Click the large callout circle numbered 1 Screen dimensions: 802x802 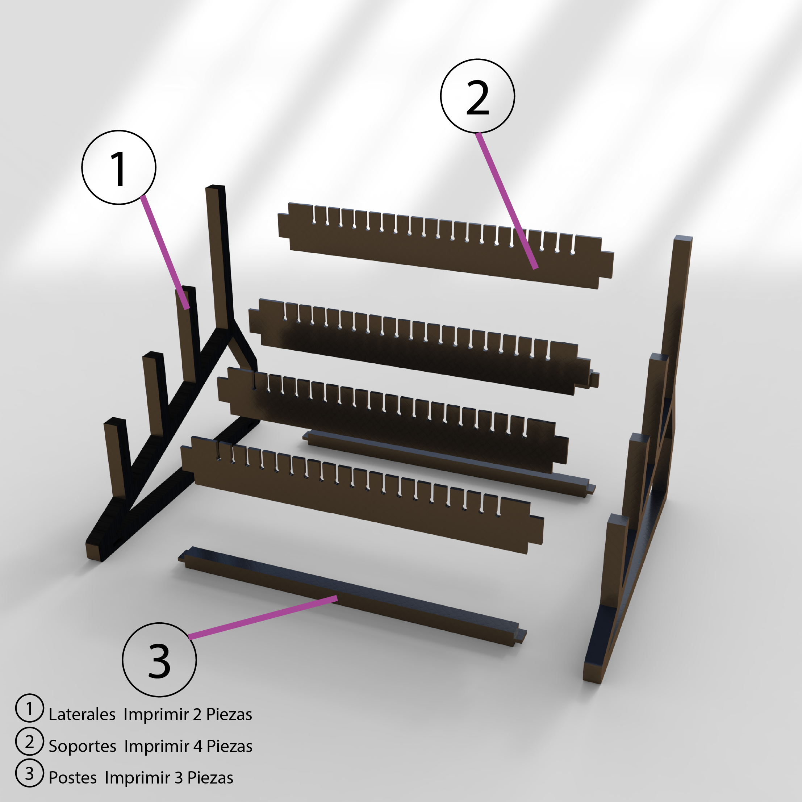click(x=119, y=167)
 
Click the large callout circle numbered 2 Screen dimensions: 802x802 click(x=477, y=96)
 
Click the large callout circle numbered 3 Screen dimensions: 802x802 click(x=159, y=660)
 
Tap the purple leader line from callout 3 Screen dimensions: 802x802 click(x=262, y=617)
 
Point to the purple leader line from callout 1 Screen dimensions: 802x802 click(x=165, y=251)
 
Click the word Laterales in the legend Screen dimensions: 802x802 click(x=82, y=714)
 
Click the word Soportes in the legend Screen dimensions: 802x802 click(x=82, y=746)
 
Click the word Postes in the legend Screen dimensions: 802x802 click(x=73, y=777)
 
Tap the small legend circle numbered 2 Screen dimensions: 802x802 click(x=29, y=742)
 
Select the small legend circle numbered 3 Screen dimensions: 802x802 click(x=29, y=773)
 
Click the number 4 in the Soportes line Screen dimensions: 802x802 click(x=198, y=746)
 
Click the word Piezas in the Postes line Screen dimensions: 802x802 click(x=210, y=777)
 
